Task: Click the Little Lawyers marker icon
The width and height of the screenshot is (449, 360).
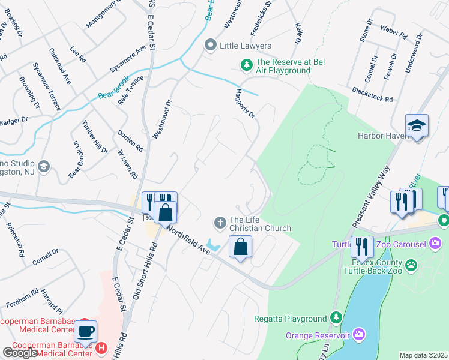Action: (210, 46)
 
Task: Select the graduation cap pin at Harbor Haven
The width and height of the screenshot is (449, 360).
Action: (417, 126)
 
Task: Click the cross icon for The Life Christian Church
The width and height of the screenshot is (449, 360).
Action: (220, 223)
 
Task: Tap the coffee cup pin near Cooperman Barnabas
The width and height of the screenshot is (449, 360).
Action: (85, 331)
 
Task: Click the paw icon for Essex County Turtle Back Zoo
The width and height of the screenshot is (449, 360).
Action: (412, 264)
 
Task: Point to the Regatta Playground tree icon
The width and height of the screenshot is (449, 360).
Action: (337, 318)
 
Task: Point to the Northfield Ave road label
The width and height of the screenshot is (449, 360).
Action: (188, 239)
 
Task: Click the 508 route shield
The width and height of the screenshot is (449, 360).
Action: (148, 218)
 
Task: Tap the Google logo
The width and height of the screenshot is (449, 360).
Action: (20, 353)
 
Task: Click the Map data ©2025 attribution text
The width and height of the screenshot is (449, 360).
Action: (423, 355)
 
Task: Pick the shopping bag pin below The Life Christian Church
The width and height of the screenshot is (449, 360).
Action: (240, 247)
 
